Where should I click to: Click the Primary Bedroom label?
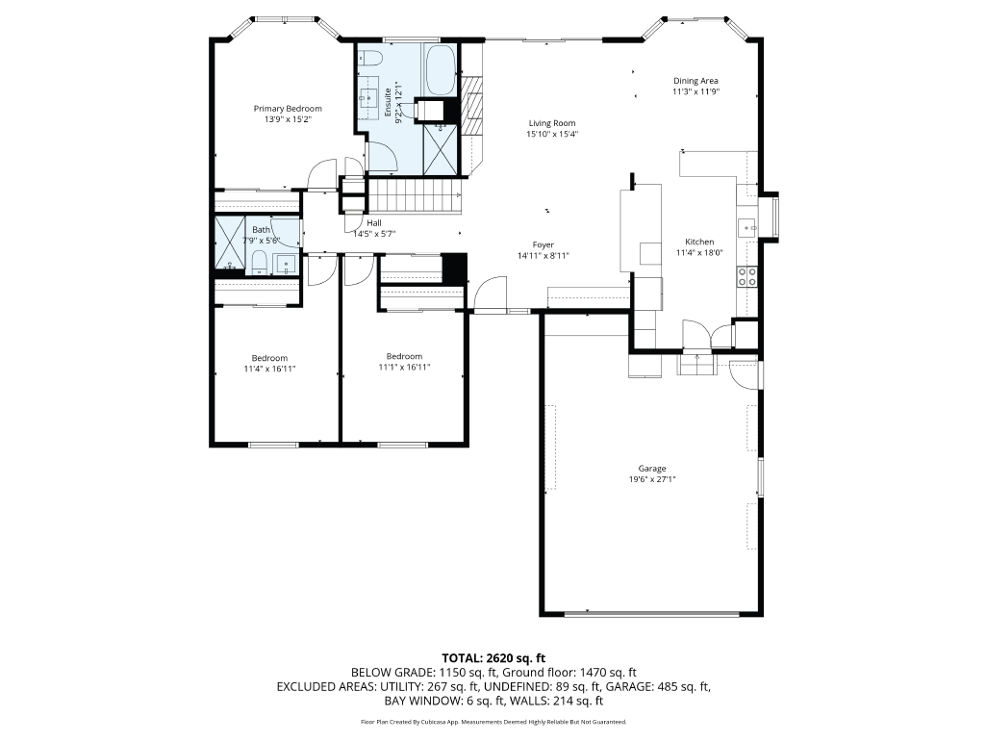coord(288,109)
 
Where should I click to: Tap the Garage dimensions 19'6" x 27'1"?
coord(651,479)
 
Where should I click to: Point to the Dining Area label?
coord(695,81)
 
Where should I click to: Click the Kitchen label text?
coord(699,242)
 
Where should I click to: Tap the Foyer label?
coord(544,244)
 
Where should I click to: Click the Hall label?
coord(373,222)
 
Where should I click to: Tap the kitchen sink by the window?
coord(747,227)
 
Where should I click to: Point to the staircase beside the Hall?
coord(417,200)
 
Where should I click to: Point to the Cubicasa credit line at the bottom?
coord(493,722)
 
